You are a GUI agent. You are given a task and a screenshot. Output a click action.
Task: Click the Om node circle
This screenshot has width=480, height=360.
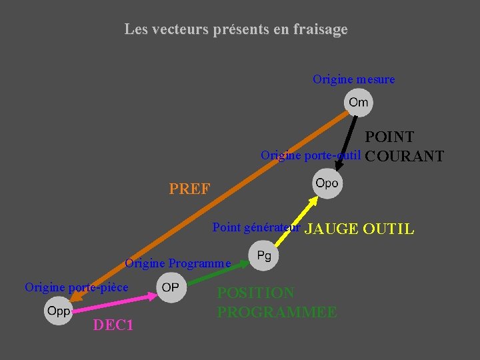point(358,103)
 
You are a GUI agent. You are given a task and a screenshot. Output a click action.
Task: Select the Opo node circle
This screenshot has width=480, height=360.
point(327,183)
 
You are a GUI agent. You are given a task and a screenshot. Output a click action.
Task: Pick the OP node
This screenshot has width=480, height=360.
point(171,287)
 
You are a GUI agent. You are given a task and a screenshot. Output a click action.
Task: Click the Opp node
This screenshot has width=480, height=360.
point(58,311)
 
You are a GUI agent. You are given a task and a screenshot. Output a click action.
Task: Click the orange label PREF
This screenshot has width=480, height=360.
point(189,190)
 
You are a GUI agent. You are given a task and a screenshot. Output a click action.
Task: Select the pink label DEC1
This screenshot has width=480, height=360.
point(113,326)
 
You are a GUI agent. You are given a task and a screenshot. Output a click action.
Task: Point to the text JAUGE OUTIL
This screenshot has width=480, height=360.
point(359,230)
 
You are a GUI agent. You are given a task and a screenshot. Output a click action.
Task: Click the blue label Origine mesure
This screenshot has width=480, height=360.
point(353,80)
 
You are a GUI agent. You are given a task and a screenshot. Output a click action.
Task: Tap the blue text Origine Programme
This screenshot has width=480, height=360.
point(178,263)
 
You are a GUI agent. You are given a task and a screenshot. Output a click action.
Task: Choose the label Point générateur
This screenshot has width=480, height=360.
point(257,228)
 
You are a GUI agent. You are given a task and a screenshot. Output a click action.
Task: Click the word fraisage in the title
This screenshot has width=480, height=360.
point(317,30)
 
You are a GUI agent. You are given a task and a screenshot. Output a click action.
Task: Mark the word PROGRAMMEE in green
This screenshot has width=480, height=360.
point(277,312)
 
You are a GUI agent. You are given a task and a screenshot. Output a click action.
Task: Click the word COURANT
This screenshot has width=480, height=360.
point(405,157)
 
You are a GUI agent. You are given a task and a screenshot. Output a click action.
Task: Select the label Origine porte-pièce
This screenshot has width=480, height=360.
point(77,287)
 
